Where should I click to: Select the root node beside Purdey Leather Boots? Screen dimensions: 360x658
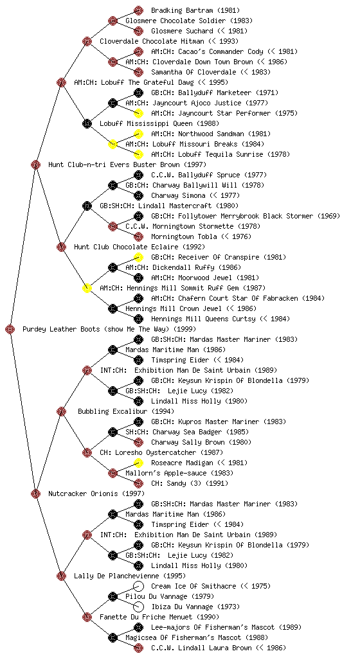10,329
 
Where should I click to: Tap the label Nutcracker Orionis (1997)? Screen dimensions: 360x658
96,493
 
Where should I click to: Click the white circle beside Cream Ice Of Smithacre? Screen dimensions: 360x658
138,586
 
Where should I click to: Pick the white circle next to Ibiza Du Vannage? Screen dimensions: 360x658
138,607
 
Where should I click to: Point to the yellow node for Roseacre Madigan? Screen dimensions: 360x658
138,463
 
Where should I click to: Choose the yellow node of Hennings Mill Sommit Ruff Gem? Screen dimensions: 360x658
87,288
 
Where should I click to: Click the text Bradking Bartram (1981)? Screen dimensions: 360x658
195,10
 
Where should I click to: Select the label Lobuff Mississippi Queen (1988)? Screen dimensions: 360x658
159,123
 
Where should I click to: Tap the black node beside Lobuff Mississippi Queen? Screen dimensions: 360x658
87,123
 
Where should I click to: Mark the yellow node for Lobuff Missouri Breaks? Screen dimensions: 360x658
113,144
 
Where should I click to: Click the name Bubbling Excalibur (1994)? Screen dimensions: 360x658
126,411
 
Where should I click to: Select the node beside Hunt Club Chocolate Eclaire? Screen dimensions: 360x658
61,247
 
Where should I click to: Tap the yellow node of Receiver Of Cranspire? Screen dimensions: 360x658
138,257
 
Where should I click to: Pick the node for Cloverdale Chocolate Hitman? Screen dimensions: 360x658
87,41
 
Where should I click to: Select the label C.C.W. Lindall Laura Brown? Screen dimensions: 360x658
201,648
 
